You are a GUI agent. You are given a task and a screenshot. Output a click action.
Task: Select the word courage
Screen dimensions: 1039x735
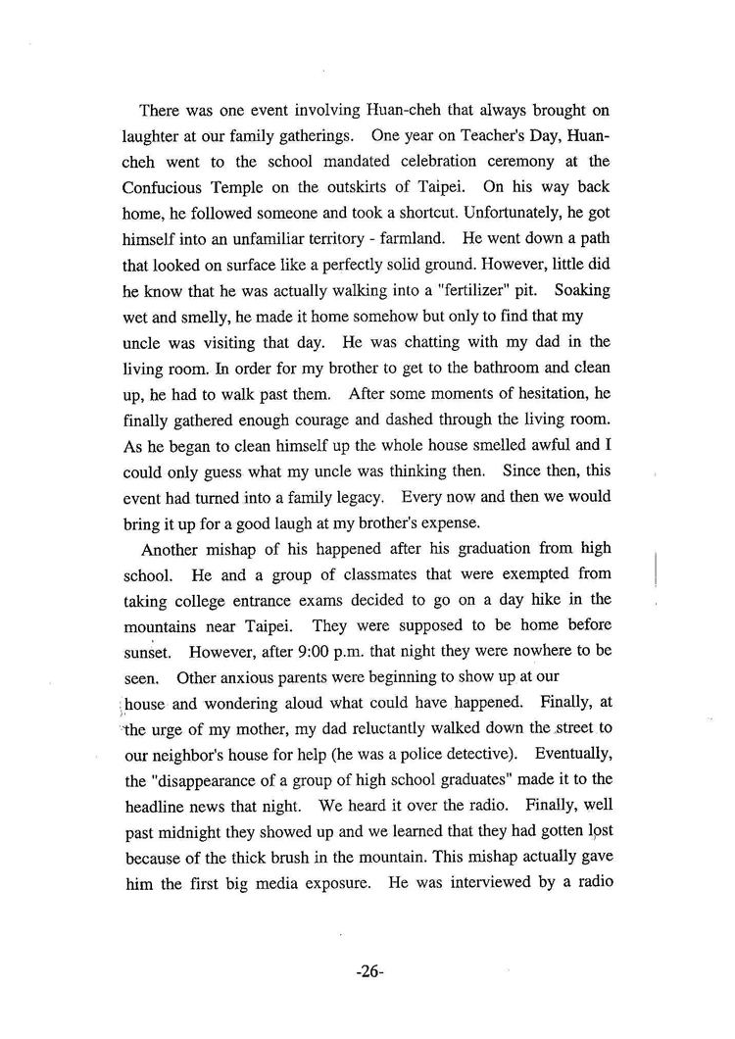click(x=322, y=426)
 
